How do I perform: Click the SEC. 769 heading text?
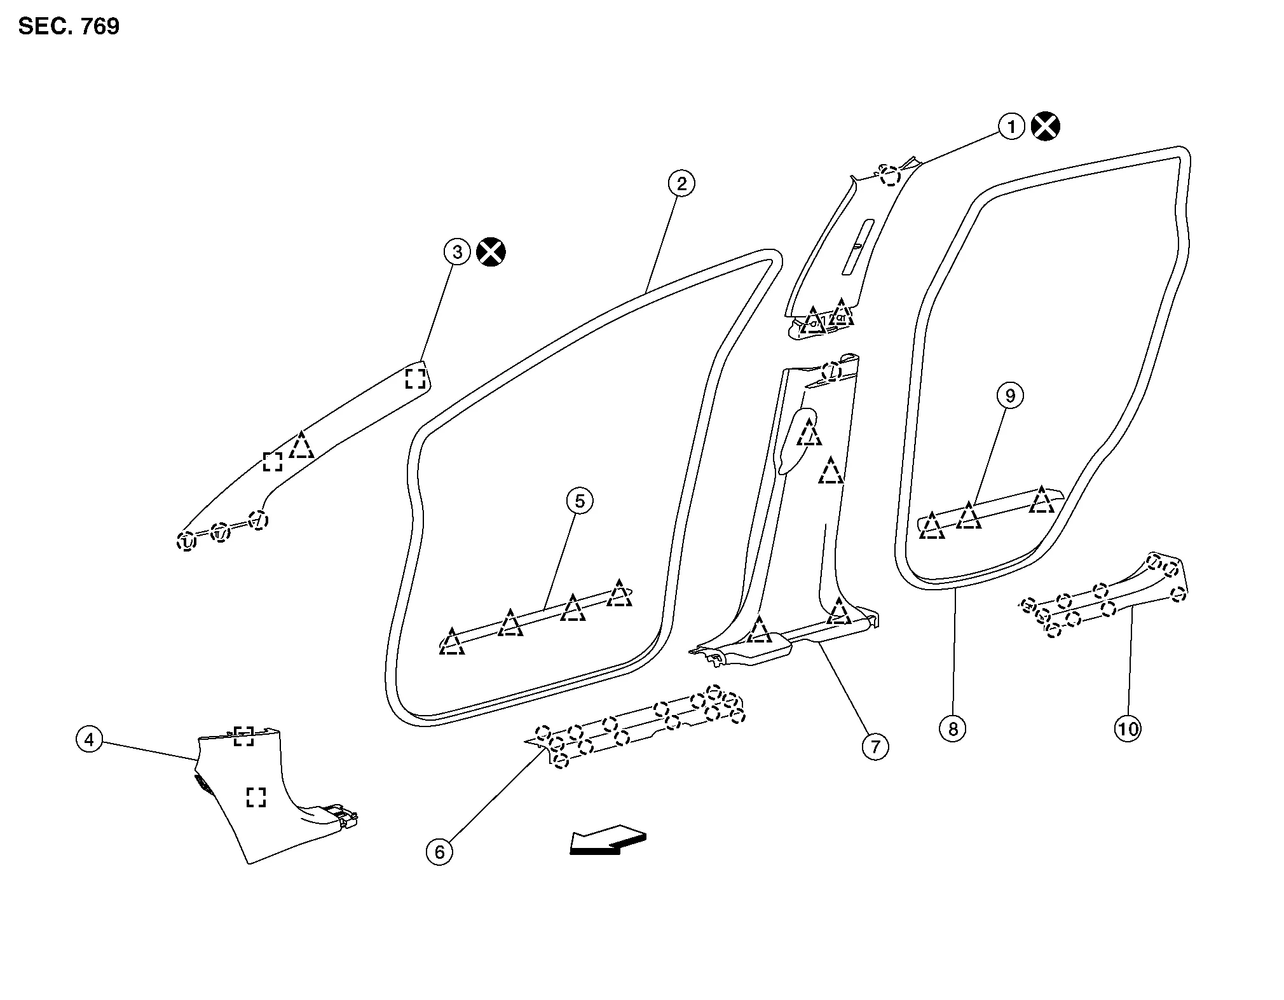(x=69, y=27)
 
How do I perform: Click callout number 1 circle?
(x=1011, y=126)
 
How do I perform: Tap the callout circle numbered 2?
(x=681, y=183)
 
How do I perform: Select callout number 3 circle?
(x=457, y=252)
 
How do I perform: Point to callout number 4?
(x=89, y=739)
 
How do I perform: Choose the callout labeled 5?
(x=580, y=501)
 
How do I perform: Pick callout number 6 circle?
(x=439, y=851)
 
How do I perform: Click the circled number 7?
(x=875, y=746)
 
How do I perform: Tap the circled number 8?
(x=953, y=728)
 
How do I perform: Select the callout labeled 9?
(x=1010, y=396)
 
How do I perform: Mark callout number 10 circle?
(x=1128, y=728)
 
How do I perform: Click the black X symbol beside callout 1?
(x=1046, y=126)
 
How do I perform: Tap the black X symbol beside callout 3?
(x=491, y=252)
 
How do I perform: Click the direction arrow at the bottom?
(x=608, y=840)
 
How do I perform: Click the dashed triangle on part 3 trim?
(x=301, y=446)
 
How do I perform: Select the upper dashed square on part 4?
(x=243, y=736)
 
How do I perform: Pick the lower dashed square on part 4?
(x=256, y=796)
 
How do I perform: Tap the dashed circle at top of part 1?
(x=891, y=176)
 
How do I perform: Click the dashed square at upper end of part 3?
(x=415, y=378)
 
